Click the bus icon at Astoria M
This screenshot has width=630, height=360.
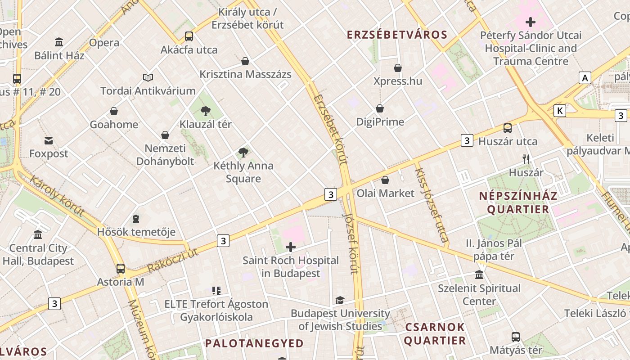tap(121, 269)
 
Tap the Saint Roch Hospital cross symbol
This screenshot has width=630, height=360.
tap(291, 247)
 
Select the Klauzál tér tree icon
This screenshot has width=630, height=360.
tap(206, 111)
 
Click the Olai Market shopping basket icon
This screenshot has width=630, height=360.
tap(385, 180)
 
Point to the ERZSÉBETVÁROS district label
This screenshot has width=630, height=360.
tap(397, 35)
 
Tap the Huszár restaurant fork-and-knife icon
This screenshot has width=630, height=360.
tap(526, 159)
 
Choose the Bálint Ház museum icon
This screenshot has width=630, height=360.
tap(59, 42)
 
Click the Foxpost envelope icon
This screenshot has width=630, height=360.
tap(49, 141)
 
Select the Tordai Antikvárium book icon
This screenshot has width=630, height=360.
tap(148, 77)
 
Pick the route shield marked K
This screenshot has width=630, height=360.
tap(560, 111)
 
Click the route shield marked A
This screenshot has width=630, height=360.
tap(585, 78)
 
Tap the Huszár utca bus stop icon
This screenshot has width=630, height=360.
tap(508, 128)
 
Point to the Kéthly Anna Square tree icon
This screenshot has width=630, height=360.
tap(243, 153)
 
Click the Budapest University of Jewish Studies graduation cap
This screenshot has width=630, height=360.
tap(340, 300)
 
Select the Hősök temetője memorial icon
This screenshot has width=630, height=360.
tap(136, 219)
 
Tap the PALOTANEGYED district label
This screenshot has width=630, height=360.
tap(254, 343)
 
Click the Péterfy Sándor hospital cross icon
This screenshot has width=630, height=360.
tap(531, 22)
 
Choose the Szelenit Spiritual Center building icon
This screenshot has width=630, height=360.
tap(479, 274)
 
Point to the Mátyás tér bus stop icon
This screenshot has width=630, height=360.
tap(516, 337)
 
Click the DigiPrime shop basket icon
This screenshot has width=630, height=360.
tap(380, 108)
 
